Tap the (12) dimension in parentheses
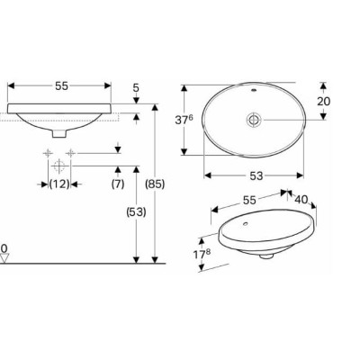58,184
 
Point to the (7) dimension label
118,184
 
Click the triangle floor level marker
5,258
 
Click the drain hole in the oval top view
255,120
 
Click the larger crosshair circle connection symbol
58,166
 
